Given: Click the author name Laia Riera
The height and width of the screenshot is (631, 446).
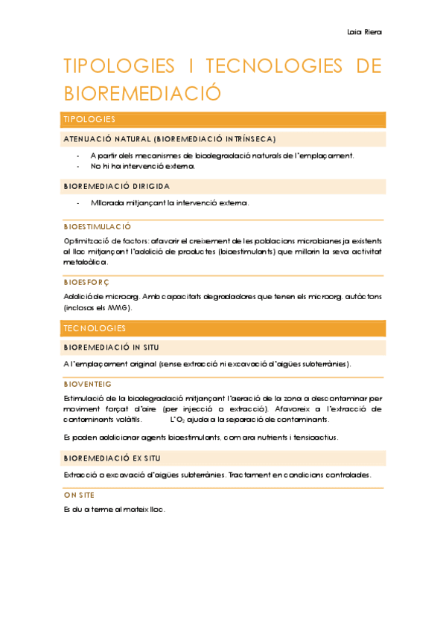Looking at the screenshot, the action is (364, 32).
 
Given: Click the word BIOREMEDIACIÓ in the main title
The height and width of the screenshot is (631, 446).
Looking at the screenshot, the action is (143, 93).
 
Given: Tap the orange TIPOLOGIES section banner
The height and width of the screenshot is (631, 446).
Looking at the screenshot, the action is (223, 119).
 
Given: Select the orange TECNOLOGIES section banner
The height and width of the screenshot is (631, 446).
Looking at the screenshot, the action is (223, 328).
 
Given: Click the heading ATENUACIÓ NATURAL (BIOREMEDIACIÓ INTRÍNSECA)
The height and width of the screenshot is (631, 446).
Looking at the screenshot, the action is (170, 139).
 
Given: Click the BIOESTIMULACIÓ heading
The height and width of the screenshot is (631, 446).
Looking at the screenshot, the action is (98, 226).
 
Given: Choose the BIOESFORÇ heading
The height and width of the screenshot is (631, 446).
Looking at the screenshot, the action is (86, 282).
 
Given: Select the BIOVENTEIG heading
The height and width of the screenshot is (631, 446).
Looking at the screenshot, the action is (88, 384).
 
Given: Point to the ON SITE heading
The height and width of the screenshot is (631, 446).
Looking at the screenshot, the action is (79, 495).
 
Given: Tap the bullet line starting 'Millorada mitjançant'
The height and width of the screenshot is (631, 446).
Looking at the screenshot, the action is (170, 202).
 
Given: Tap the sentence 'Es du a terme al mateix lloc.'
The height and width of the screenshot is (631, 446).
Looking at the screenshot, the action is (115, 510).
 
